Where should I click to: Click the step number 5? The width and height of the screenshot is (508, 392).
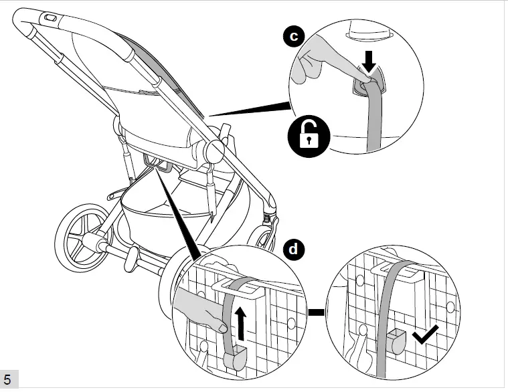click(x=7, y=381)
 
